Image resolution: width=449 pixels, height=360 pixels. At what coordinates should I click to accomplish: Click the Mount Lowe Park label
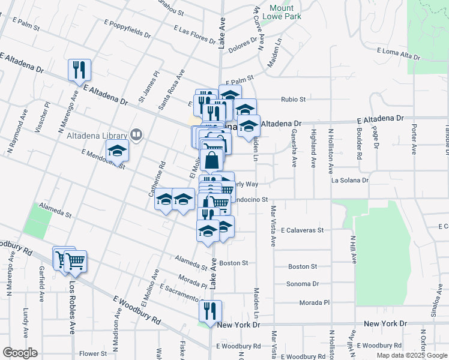tap(285, 12)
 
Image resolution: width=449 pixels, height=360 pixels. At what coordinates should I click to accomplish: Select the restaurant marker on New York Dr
tap(210, 311)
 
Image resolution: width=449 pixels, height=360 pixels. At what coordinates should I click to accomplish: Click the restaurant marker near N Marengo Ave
tap(79, 70)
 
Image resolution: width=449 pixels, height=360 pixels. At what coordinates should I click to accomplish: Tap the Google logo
tap(20, 353)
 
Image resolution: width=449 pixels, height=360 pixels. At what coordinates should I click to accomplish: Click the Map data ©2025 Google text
tap(411, 355)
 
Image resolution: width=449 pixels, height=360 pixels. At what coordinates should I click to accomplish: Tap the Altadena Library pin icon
tap(137, 135)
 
